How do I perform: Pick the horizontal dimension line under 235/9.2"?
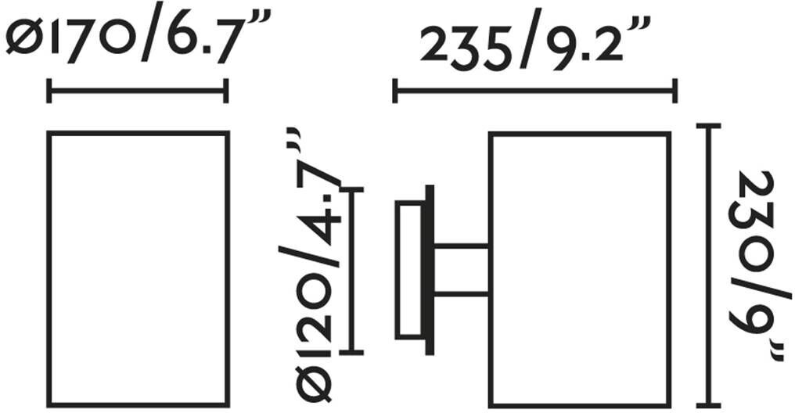(534, 92)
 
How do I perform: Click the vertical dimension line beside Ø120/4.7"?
(353, 270)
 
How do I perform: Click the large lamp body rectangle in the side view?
(579, 270)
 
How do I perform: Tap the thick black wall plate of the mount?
(428, 270)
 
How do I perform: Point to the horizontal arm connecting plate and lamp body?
(462, 270)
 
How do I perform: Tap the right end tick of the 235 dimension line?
(674, 92)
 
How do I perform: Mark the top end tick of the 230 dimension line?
(710, 126)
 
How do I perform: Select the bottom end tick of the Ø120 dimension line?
(353, 351)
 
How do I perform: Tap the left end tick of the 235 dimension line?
(395, 92)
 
